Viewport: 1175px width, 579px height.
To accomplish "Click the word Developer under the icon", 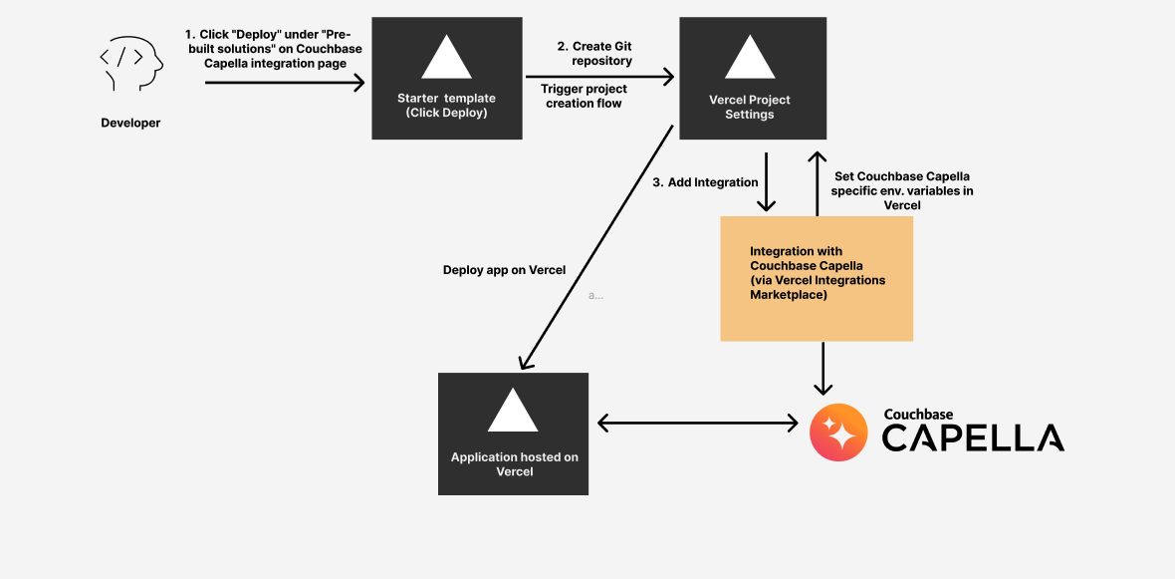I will click(x=130, y=124).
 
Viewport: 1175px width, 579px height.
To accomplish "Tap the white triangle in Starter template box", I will click(x=446, y=58).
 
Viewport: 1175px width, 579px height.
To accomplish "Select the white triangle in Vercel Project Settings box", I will click(x=749, y=58).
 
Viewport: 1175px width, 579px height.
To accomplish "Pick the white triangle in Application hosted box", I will click(x=513, y=411).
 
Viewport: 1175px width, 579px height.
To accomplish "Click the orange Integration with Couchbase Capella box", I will click(x=817, y=279).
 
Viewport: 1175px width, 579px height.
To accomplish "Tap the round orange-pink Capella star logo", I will click(x=838, y=433).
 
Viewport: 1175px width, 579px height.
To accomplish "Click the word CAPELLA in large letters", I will click(x=973, y=437).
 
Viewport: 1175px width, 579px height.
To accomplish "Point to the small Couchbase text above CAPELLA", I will click(x=918, y=414).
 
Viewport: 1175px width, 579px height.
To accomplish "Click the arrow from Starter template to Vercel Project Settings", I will click(x=597, y=76).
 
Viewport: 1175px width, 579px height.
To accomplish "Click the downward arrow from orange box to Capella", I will click(x=822, y=369).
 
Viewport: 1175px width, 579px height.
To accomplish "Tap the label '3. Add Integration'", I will click(x=705, y=182).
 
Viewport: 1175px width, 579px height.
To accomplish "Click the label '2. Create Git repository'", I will click(x=594, y=54).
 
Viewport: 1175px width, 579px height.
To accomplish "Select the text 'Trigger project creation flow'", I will click(x=584, y=96).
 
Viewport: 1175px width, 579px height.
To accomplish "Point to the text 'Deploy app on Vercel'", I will click(x=504, y=270).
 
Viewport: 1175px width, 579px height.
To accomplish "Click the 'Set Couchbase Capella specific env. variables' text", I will click(x=901, y=190).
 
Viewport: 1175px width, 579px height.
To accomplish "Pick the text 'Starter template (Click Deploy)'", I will click(x=446, y=106).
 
